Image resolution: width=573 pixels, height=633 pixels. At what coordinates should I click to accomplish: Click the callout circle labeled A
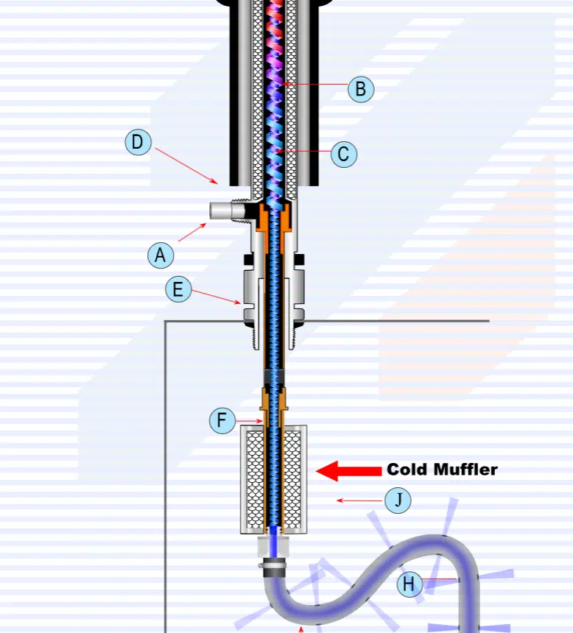(x=160, y=255)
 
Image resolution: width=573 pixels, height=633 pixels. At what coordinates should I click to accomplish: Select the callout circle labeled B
(x=360, y=89)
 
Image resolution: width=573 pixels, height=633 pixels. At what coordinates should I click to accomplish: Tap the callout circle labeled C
(x=343, y=155)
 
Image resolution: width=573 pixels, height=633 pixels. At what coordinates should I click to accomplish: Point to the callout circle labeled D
(x=138, y=142)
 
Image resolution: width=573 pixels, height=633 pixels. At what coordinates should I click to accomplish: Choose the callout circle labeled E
(x=177, y=289)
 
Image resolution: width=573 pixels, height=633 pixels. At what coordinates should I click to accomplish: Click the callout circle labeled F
(x=222, y=421)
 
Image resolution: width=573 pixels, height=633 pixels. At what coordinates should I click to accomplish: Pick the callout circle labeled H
(x=409, y=585)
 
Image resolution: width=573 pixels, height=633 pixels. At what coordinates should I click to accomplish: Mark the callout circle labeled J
(x=398, y=501)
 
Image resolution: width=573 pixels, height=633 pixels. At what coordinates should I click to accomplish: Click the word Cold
(x=407, y=470)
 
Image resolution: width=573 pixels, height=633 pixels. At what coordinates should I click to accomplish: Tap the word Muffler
(x=465, y=470)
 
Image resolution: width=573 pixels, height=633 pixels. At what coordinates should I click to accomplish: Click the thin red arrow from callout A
(x=192, y=232)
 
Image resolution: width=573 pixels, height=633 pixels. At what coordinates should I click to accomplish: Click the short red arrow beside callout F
(x=250, y=421)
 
